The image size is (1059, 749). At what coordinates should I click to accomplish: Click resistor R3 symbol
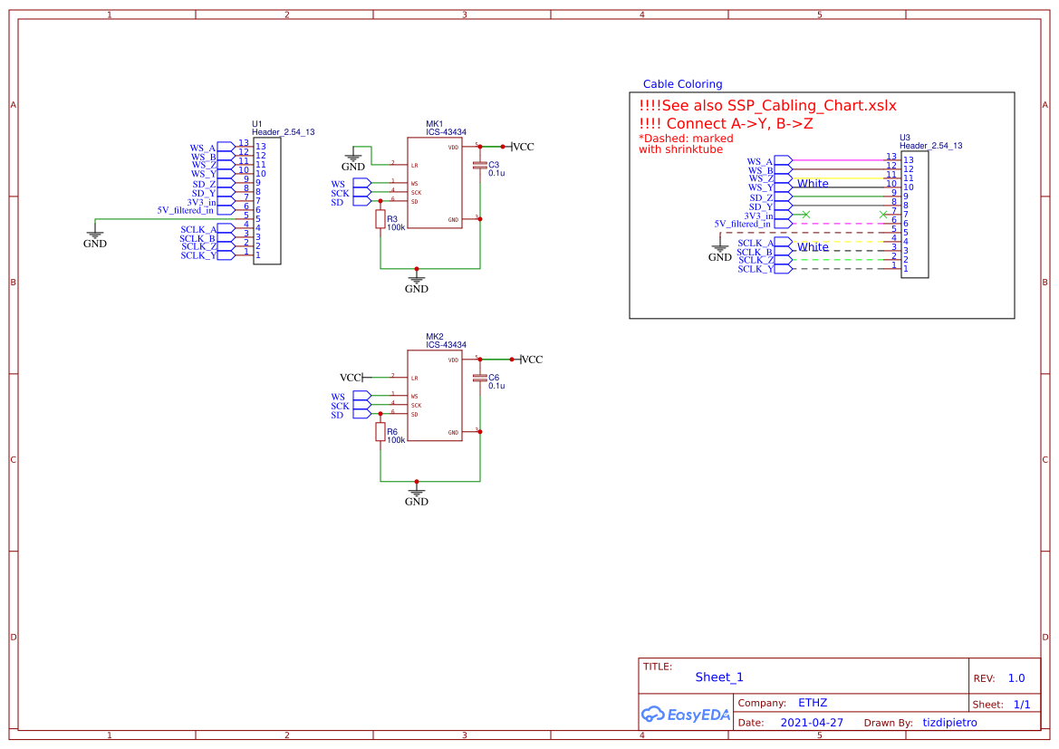tap(380, 218)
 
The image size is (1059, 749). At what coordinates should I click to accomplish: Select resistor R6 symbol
tap(380, 432)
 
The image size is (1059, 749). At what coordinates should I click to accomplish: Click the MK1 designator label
tap(435, 123)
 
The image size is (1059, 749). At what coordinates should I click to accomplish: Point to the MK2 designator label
tap(435, 336)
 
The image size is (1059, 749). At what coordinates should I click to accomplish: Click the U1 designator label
tap(256, 123)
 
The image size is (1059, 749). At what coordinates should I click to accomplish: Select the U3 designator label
tap(904, 138)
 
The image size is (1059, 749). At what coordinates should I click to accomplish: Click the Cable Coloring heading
tap(682, 84)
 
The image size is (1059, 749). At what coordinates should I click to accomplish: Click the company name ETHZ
tap(812, 703)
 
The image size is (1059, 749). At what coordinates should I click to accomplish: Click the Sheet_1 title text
tap(719, 677)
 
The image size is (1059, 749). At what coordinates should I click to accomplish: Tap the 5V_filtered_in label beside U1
tap(185, 210)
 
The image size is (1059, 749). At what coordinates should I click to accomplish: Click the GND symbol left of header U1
tap(95, 238)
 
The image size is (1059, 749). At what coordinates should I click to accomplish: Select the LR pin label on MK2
tap(414, 378)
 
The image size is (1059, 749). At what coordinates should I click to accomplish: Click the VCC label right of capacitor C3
tap(524, 147)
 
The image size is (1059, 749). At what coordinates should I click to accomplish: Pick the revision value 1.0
tap(1016, 678)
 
